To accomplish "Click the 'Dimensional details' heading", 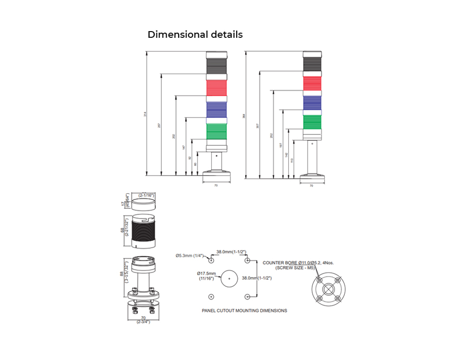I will click(x=195, y=35).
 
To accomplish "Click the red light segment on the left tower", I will click(x=216, y=88).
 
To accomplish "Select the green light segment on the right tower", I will click(x=312, y=121).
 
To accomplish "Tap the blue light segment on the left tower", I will click(x=216, y=109).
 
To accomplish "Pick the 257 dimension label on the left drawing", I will click(x=159, y=125).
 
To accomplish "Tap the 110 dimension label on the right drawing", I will click(x=293, y=161).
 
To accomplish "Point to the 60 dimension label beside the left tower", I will click(x=195, y=164).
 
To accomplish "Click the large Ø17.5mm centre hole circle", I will click(x=229, y=278).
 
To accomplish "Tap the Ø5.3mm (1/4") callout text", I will click(x=190, y=255).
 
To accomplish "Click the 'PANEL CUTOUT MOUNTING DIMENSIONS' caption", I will click(x=244, y=311).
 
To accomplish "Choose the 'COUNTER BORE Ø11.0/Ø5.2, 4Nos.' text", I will click(x=298, y=263).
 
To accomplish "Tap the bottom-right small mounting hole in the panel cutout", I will click(x=247, y=296).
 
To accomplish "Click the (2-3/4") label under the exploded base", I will click(x=143, y=322).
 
